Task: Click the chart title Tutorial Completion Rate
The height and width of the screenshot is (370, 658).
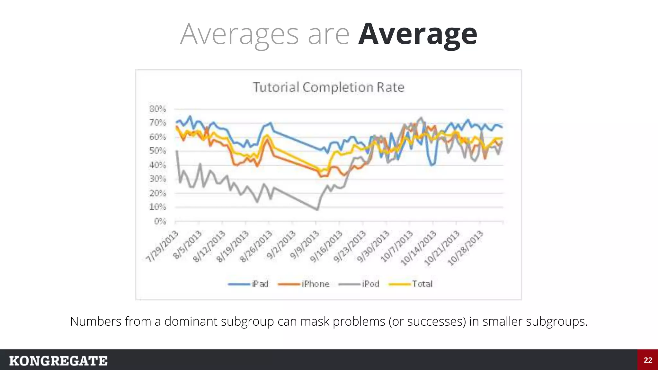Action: coord(328,87)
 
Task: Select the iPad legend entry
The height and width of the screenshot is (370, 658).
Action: coord(248,284)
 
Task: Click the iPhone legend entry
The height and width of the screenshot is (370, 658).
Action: coord(304,284)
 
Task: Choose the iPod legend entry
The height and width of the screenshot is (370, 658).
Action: coord(359,284)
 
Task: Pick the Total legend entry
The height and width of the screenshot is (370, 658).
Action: coord(411,284)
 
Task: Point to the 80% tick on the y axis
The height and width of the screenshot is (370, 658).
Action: coord(157,109)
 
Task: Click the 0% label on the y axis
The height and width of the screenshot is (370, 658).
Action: coord(160,221)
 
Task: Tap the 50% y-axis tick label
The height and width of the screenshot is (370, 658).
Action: coord(157,151)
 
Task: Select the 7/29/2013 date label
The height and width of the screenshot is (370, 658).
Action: coord(162,246)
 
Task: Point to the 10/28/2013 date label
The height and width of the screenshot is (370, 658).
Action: coord(466,248)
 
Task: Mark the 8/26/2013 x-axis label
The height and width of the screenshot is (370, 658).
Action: coord(256,246)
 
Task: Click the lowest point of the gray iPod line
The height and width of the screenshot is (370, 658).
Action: coord(317,210)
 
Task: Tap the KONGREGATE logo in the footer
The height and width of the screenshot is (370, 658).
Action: coord(58,361)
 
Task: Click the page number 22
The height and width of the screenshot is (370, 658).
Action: coord(648,360)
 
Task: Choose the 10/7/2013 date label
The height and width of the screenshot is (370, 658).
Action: coord(397,246)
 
